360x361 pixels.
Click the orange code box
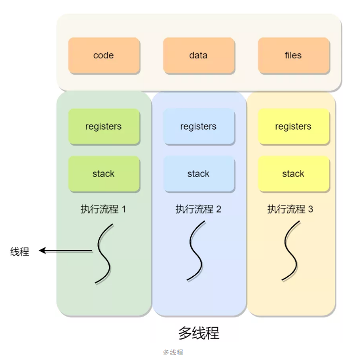(104, 55)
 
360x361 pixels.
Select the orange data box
(198, 55)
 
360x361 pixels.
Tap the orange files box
(293, 55)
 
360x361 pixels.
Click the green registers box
(104, 127)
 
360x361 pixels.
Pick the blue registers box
(198, 127)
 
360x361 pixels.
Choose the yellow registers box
(293, 127)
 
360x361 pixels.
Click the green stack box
(104, 174)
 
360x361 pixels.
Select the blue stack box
(198, 174)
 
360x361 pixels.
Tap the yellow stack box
(293, 174)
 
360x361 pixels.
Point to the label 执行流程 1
(103, 209)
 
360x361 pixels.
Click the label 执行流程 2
(198, 209)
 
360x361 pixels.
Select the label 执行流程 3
(290, 209)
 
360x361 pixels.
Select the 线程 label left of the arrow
(20, 252)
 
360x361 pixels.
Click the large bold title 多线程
(199, 333)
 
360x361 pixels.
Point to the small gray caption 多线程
(173, 353)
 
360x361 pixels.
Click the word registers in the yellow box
(293, 127)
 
